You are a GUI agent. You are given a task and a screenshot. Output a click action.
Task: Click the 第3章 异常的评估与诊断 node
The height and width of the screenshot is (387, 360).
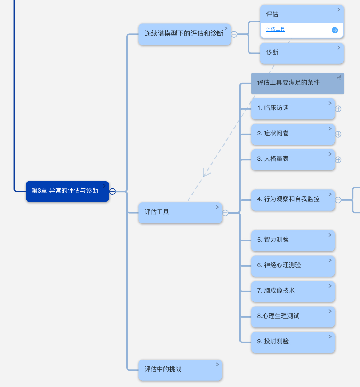point(67,191)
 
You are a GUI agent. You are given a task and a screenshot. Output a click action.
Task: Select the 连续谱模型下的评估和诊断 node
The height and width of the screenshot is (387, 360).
point(184,34)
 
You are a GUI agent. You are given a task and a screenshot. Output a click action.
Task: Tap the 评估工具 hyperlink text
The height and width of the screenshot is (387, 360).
point(275,29)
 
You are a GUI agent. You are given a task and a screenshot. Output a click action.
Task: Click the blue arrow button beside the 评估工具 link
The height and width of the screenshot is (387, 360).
point(335,30)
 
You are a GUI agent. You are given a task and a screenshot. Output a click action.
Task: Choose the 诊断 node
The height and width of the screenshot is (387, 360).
point(302,53)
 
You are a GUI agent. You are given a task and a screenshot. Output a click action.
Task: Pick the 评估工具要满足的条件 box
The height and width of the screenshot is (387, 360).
point(297,83)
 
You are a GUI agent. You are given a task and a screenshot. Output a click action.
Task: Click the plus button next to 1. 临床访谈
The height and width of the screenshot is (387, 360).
point(338,109)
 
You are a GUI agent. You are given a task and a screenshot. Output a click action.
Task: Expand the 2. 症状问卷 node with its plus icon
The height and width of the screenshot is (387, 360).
point(338,134)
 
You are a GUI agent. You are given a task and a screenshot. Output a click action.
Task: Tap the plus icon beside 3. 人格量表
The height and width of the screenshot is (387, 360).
point(338,160)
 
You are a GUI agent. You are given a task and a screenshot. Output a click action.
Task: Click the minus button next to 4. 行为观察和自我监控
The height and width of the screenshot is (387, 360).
point(338,200)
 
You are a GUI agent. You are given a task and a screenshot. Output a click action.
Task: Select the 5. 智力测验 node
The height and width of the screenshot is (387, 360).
point(293,241)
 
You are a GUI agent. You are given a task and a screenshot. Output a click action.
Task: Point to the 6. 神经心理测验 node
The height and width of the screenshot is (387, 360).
point(293,266)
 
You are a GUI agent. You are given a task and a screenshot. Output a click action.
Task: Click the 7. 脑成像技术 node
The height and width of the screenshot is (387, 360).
point(293,291)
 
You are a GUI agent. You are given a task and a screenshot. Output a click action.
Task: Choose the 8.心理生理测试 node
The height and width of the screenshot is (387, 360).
point(293,317)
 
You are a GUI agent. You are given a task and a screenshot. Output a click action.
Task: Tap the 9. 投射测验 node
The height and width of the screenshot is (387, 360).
point(293,342)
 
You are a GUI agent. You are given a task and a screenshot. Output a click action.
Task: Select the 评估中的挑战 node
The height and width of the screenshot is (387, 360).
point(180,370)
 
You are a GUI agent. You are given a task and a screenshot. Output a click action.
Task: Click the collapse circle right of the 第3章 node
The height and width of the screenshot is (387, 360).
point(112,191)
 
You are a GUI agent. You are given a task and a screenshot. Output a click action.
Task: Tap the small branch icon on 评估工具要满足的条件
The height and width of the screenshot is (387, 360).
point(339,78)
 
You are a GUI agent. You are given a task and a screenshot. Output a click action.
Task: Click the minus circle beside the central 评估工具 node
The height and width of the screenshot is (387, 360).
point(225,213)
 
